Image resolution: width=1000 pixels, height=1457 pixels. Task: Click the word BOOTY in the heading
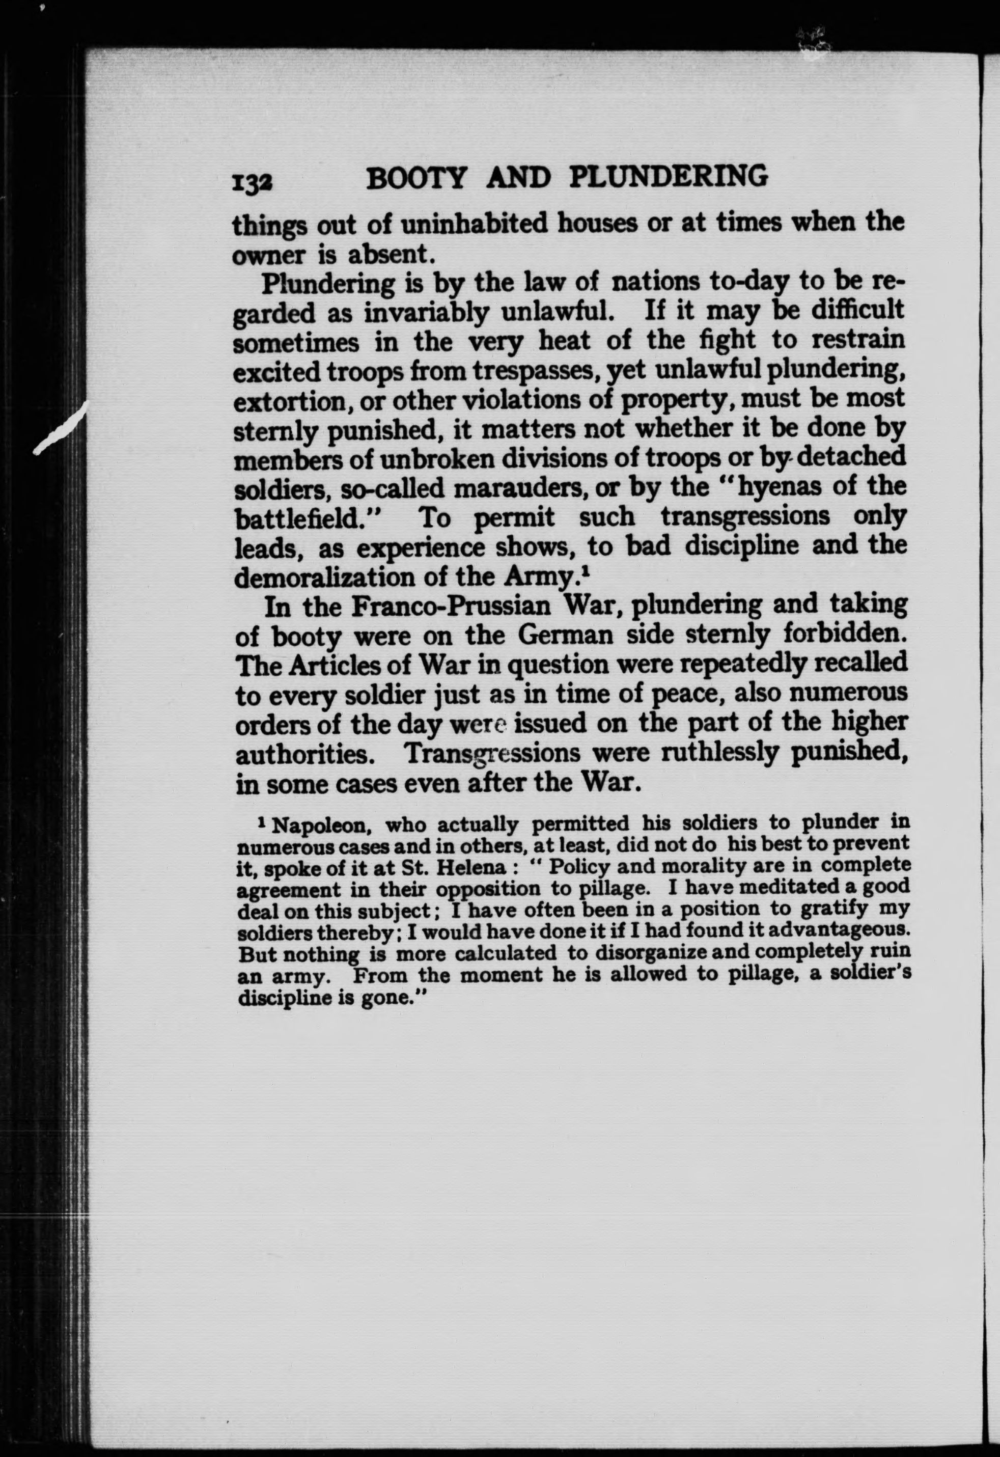click(417, 178)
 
